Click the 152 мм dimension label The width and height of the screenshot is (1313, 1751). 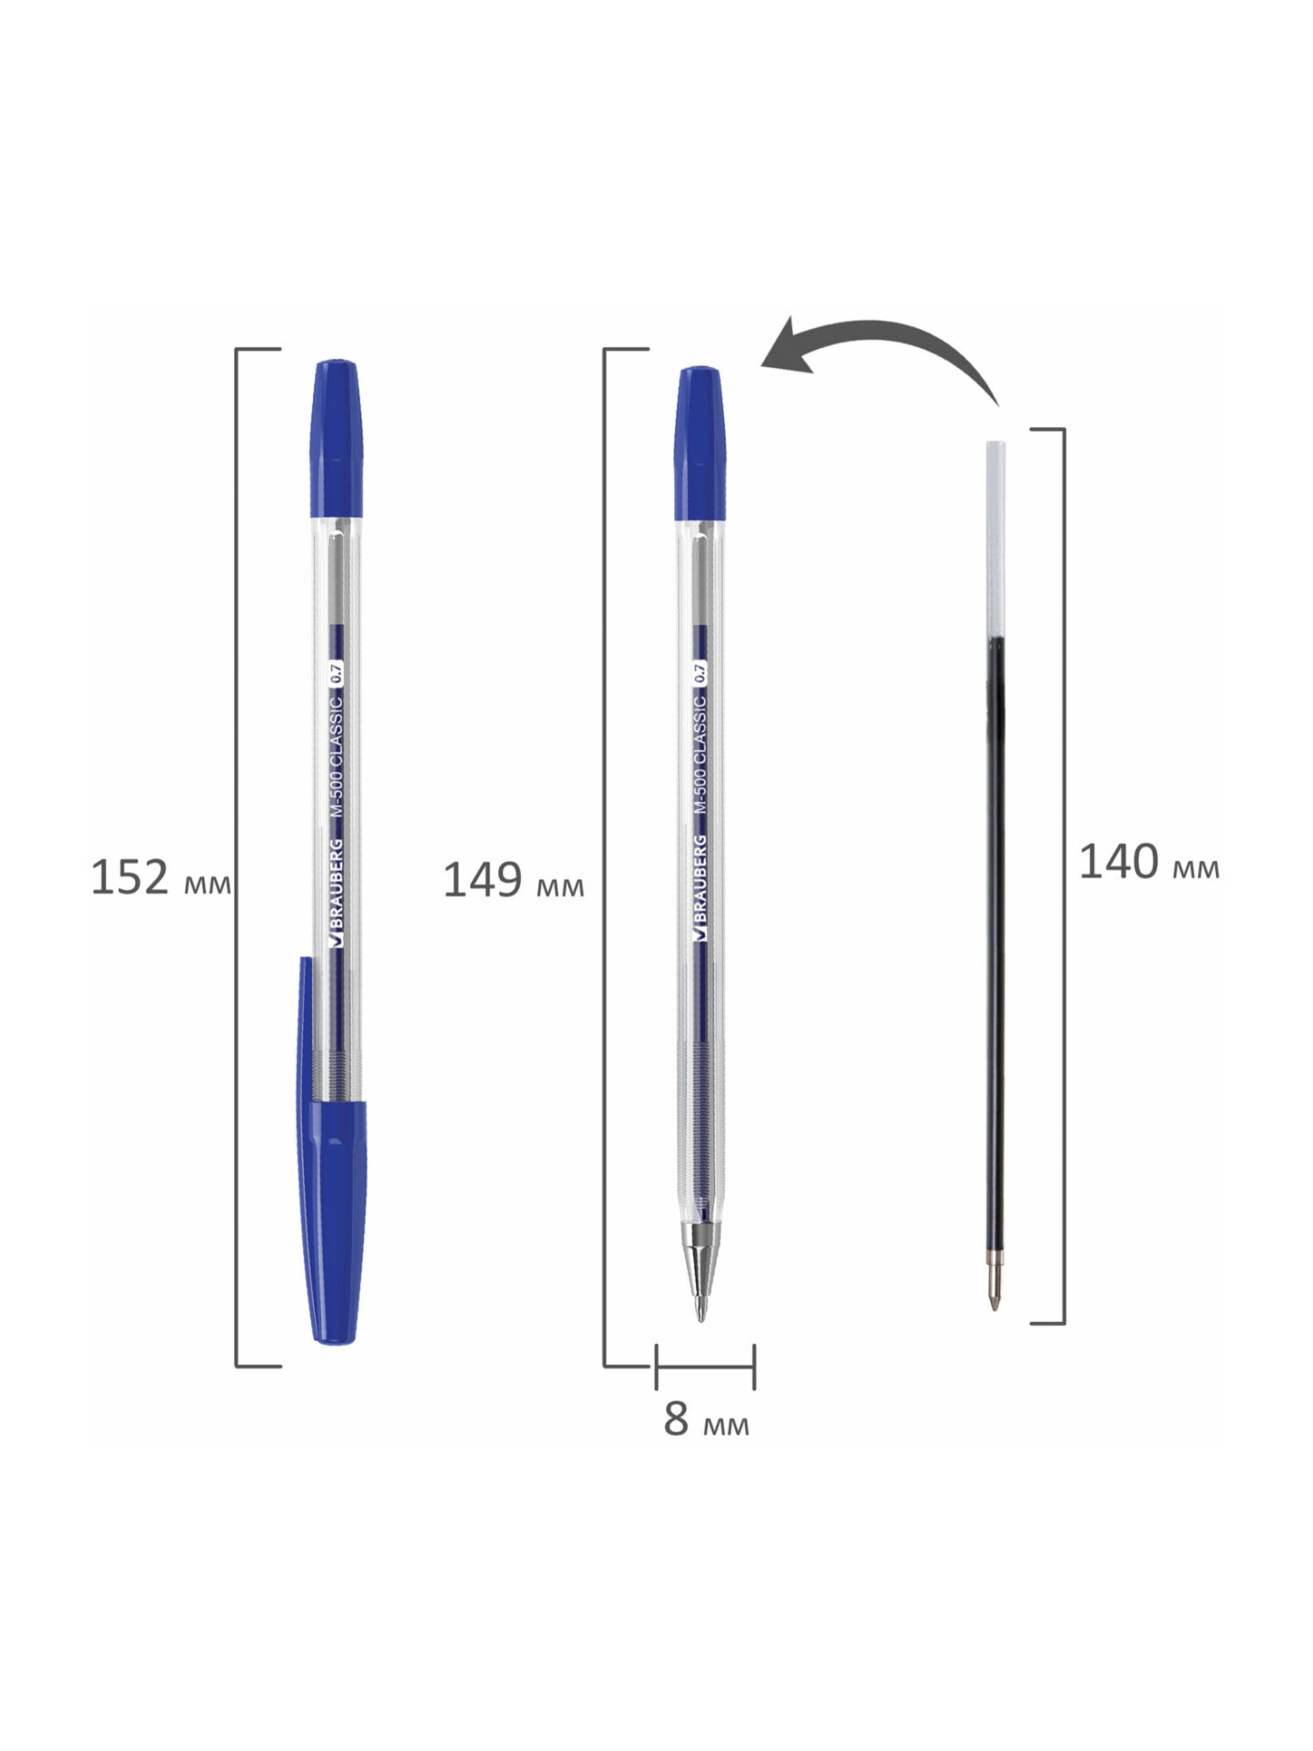[x=161, y=877]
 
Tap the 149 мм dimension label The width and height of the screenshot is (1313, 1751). [x=514, y=880]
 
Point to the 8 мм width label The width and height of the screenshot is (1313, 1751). [x=706, y=1419]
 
